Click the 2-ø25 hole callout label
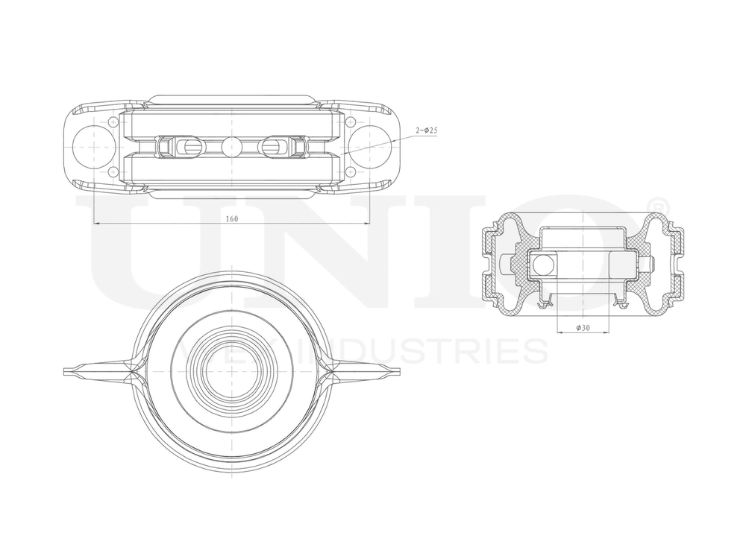click(426, 130)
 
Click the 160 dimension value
click(231, 218)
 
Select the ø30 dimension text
click(583, 328)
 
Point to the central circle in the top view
click(232, 146)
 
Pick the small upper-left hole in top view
click(113, 121)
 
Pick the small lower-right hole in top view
click(351, 171)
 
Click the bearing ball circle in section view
click(544, 264)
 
